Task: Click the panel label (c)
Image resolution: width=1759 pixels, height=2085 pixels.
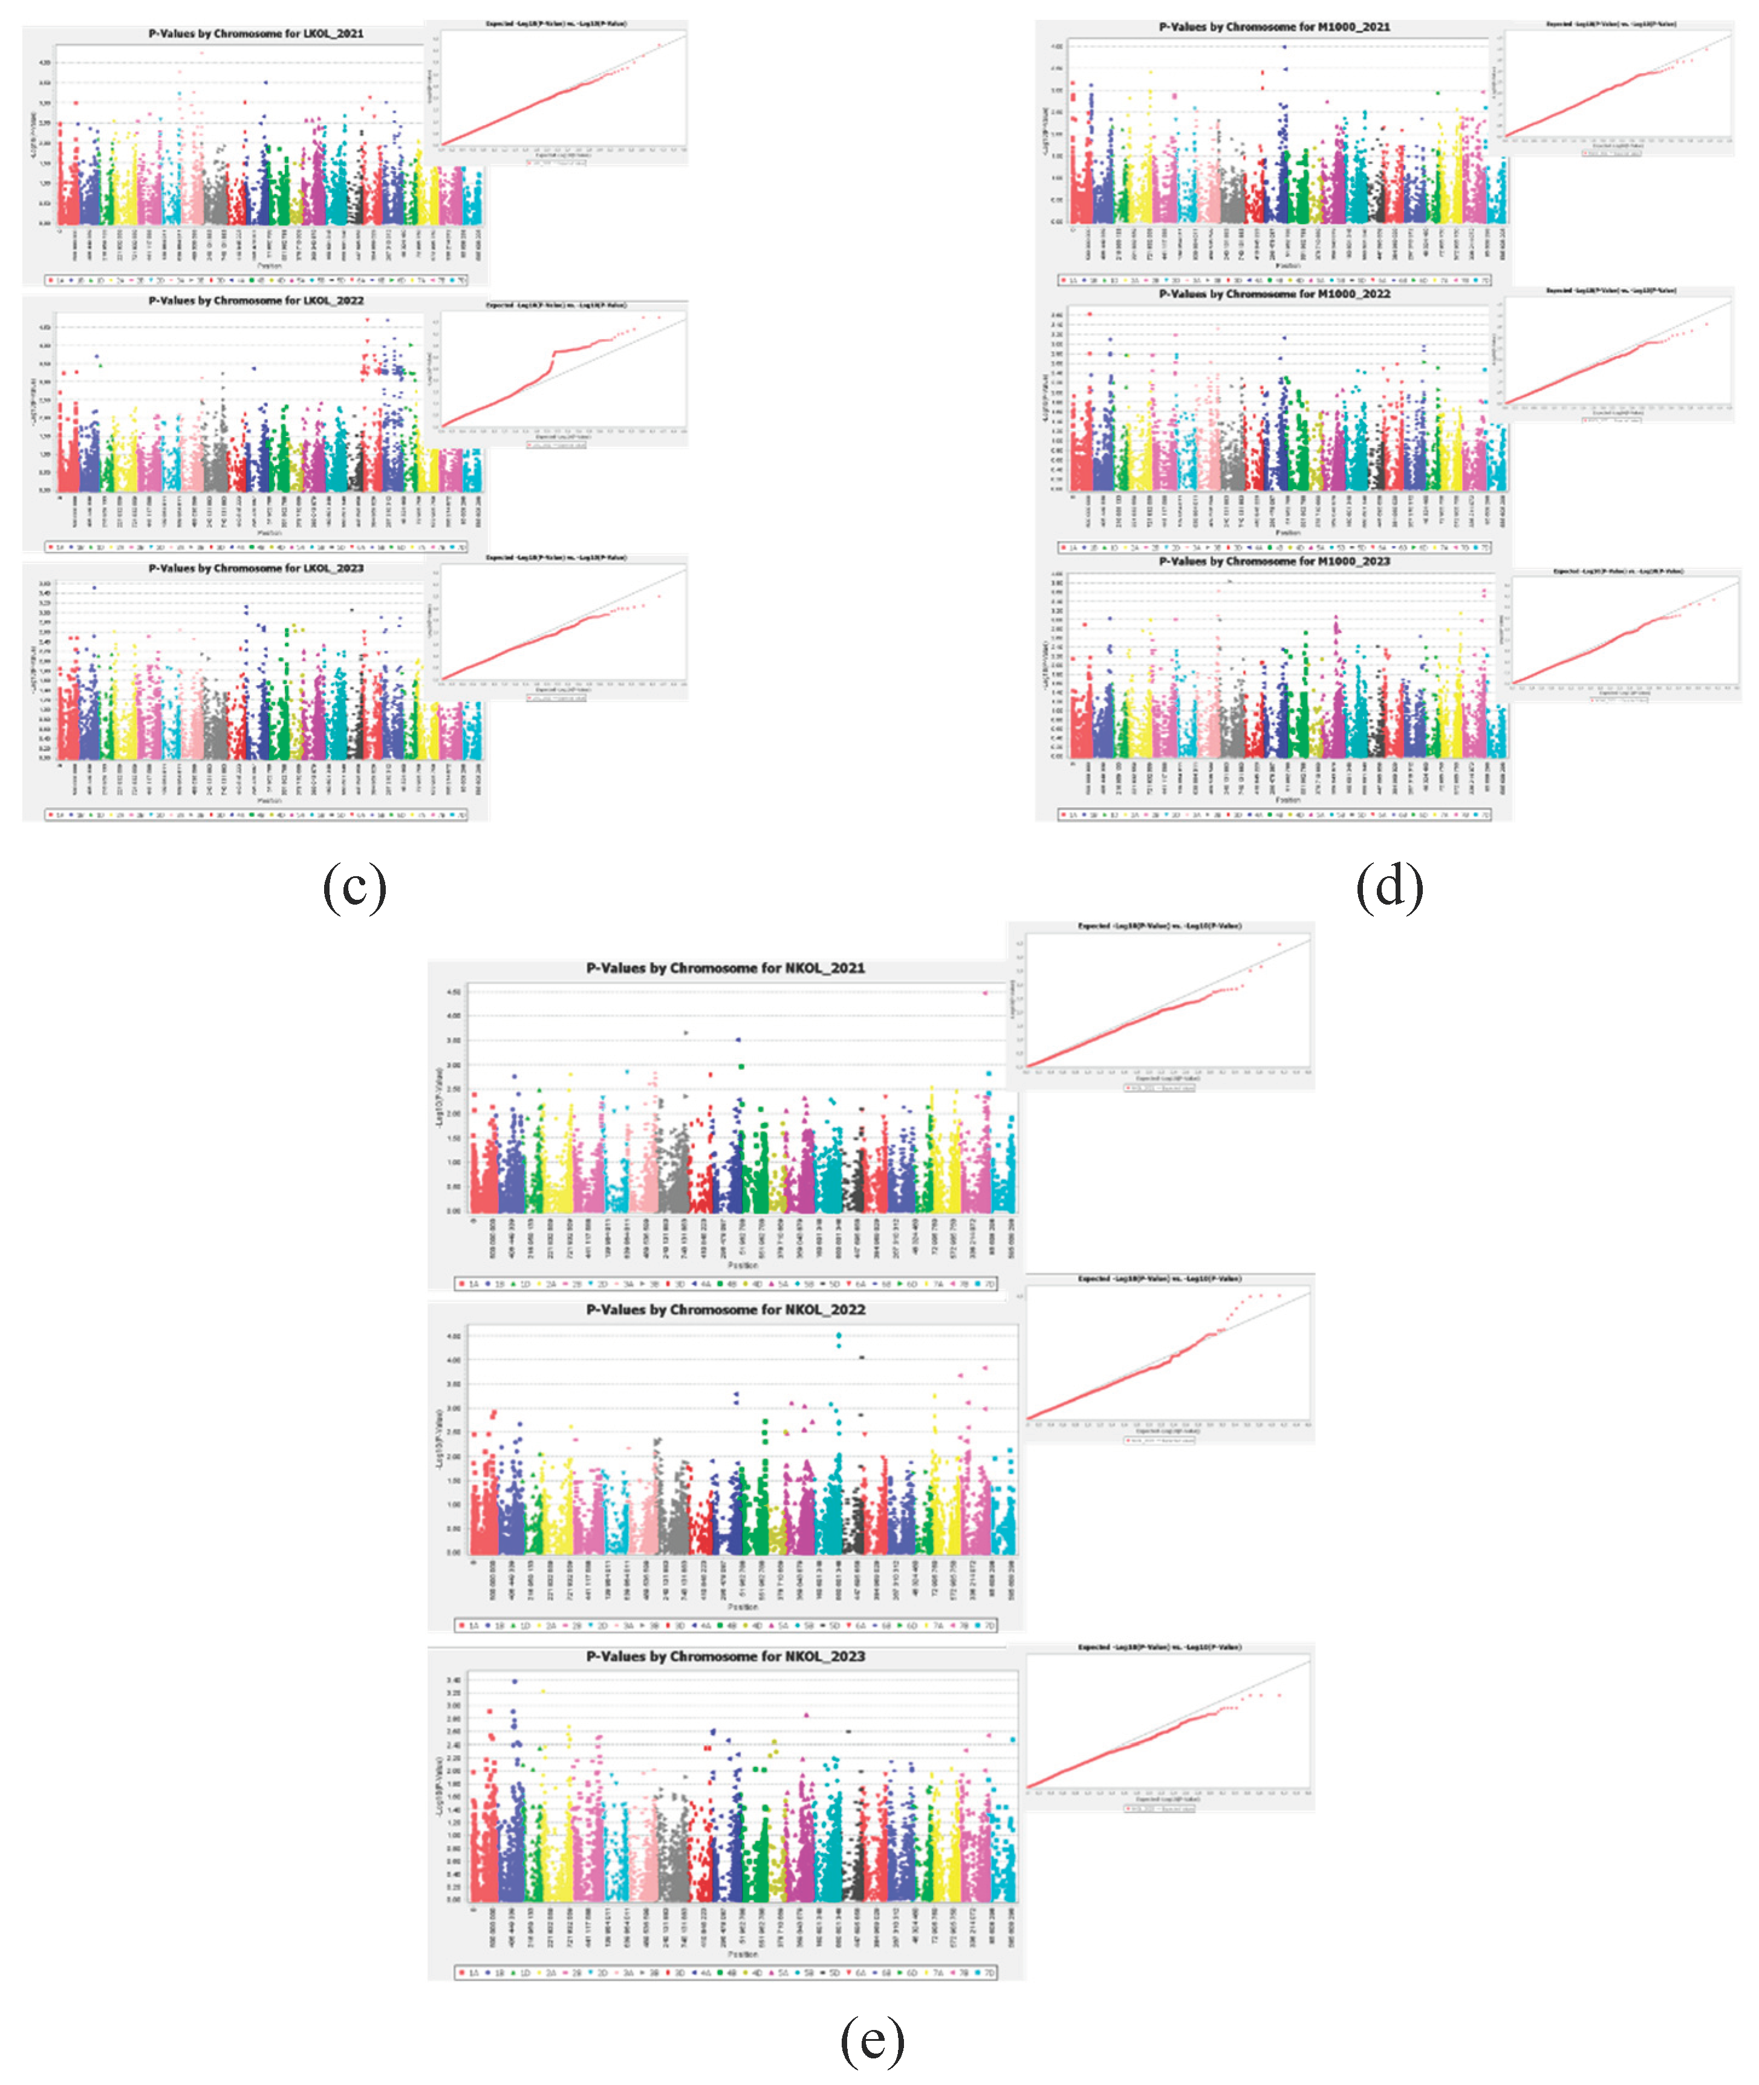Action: click(354, 886)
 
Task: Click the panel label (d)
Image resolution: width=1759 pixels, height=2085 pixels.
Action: click(1389, 886)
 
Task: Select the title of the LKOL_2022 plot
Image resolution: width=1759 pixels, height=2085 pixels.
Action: click(256, 300)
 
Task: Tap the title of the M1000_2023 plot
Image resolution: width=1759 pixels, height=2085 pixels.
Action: click(1275, 561)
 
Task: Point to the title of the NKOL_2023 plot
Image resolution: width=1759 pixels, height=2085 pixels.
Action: click(725, 1656)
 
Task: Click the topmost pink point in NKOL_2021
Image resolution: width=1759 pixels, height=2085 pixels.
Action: click(985, 993)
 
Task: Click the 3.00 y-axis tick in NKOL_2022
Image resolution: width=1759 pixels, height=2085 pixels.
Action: click(454, 1408)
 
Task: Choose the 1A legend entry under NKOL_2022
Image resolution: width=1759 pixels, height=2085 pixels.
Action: click(469, 1625)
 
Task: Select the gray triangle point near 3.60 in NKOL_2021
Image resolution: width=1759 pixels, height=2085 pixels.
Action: click(686, 1033)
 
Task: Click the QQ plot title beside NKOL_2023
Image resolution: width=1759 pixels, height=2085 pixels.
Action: click(1159, 1647)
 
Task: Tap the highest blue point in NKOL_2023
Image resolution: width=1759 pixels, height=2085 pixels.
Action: click(515, 1681)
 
